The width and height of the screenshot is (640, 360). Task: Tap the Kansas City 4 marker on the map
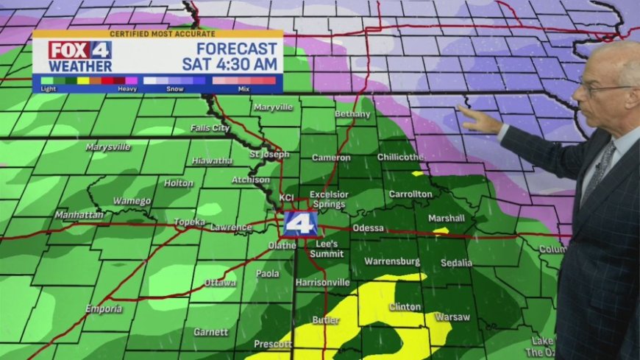pos(301,222)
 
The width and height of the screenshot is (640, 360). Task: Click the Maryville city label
pos(273,107)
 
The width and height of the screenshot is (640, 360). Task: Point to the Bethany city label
pos(352,114)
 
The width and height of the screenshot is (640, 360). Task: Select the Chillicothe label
pos(400,157)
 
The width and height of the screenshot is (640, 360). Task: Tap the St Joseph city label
pos(266,155)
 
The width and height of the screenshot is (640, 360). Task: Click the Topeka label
pos(189,222)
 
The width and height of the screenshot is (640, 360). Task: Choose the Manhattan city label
pos(79,215)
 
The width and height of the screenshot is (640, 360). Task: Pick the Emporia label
pos(104,308)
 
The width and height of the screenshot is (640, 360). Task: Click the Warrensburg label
pos(392,261)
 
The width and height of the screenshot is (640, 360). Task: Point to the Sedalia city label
pos(456,262)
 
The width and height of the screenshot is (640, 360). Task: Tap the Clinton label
pos(405,306)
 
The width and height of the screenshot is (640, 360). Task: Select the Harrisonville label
pos(322,283)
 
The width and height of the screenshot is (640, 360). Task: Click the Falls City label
pos(210,127)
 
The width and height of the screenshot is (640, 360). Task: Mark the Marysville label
pos(108,147)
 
